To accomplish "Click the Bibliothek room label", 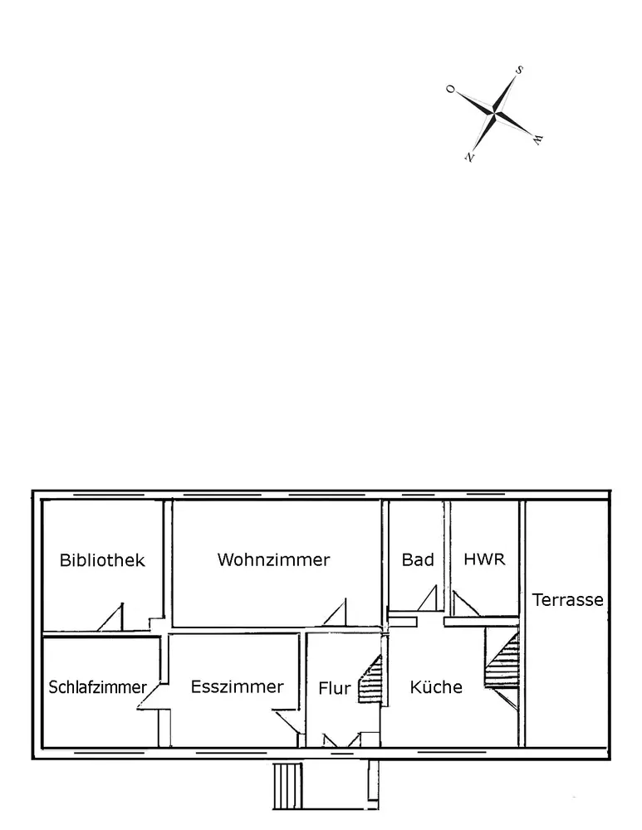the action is (x=102, y=560).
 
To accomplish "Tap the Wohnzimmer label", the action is (x=273, y=559).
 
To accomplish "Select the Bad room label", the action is (x=418, y=559).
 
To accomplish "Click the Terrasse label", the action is (x=568, y=599).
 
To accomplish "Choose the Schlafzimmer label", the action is (x=98, y=687).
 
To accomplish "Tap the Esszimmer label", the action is (x=237, y=686).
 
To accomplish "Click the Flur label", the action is (x=335, y=688).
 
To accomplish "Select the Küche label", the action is (x=436, y=687).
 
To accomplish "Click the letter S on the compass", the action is (x=519, y=71).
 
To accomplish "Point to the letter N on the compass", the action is (x=470, y=155).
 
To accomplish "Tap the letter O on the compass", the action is (x=451, y=89).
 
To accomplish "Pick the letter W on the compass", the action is (x=537, y=139).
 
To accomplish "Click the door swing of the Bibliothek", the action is (x=113, y=618).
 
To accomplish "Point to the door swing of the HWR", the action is (x=464, y=605).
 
